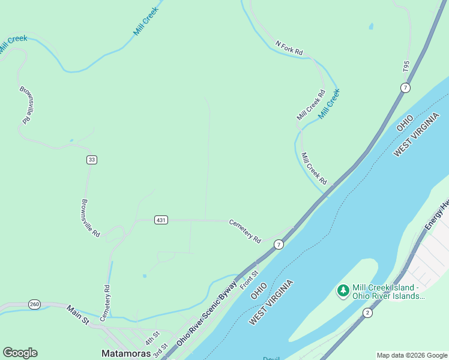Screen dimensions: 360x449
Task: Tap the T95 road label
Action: pos(406,67)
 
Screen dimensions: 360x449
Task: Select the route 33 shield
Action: pos(91,160)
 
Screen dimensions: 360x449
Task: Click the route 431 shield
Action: pos(161,220)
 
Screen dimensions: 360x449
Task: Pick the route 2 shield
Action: pos(367,313)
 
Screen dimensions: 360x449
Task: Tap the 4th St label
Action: pos(152,337)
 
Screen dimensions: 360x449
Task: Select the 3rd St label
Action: pos(160,350)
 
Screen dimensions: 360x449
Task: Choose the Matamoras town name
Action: pos(127,354)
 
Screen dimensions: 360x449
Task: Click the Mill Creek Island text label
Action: pos(388,291)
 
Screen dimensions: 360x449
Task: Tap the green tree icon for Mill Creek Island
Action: pos(343,291)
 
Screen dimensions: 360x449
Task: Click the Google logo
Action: pos(20,353)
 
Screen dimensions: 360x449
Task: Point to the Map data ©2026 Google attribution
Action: pos(412,355)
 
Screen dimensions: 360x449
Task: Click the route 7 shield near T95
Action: pos(406,88)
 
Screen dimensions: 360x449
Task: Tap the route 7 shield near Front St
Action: pos(279,244)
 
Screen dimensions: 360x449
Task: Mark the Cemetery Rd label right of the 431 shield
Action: pos(245,230)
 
